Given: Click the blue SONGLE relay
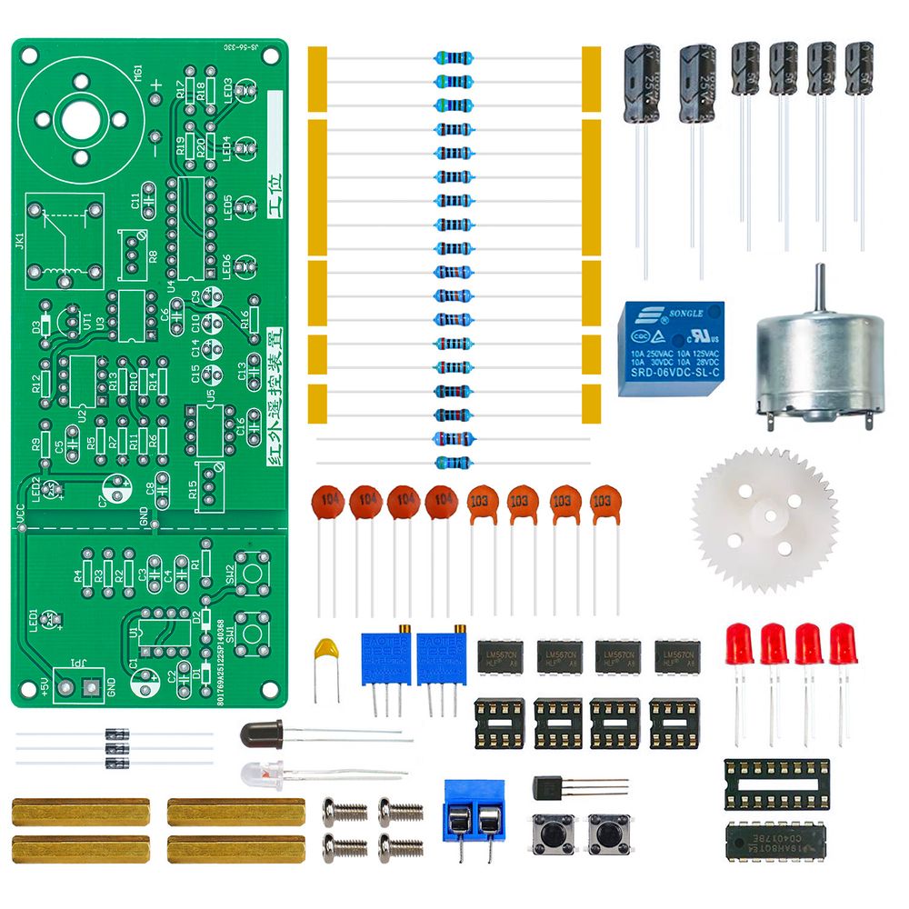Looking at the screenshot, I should (x=671, y=348).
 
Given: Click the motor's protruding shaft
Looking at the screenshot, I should (x=820, y=286).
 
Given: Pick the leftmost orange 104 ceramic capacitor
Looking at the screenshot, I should (x=327, y=502).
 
